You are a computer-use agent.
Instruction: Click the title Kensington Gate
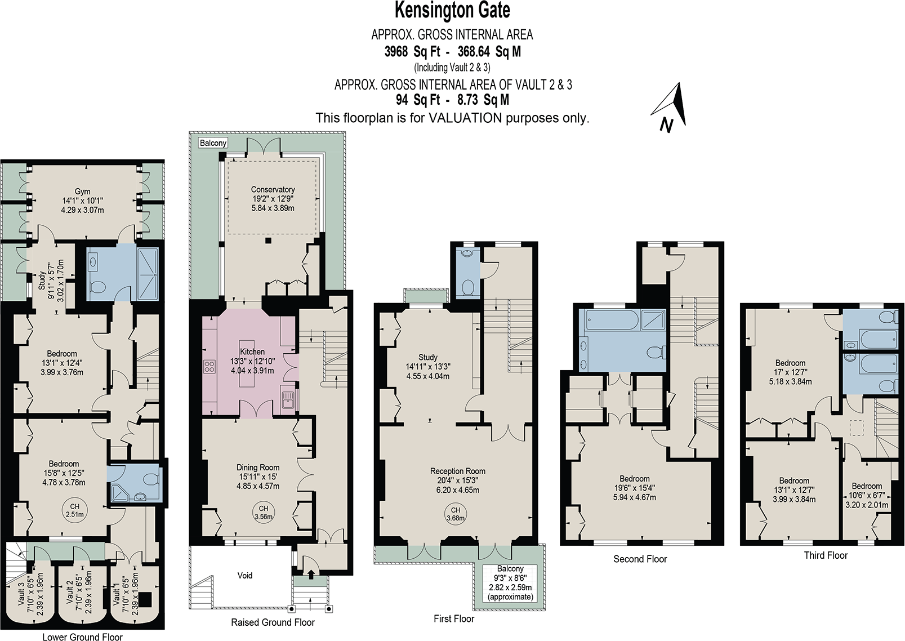pos(452,10)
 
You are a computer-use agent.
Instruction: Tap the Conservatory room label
pos(273,190)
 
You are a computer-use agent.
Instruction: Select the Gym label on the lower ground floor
pos(82,192)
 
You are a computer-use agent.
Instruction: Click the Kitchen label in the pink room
pos(252,351)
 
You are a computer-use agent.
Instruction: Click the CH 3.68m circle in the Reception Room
pos(456,514)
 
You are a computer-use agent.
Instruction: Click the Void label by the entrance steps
pos(245,575)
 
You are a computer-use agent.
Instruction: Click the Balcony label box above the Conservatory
pos(213,143)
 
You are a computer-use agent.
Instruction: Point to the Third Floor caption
pos(826,555)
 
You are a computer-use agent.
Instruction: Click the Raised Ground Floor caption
pos(273,622)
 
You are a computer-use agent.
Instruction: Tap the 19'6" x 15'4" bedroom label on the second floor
pos(634,488)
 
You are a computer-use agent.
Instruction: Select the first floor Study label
pos(428,357)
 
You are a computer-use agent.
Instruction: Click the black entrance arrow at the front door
pos(311,575)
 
